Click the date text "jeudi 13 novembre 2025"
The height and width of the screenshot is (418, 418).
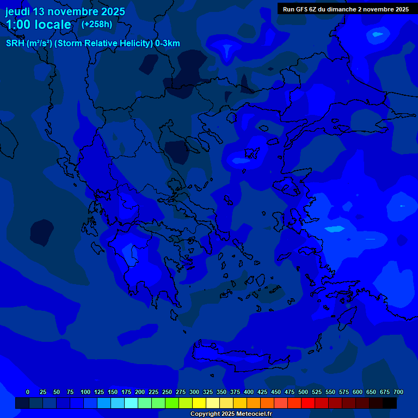point(65,11)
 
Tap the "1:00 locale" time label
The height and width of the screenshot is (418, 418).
point(39,24)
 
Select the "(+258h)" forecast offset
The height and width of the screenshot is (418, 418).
point(96,24)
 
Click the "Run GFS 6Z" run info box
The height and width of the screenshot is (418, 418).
point(346,9)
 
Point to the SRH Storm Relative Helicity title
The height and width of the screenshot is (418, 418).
point(93,44)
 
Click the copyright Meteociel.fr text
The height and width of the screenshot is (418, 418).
point(231,414)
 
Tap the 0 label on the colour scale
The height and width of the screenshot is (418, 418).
point(28,392)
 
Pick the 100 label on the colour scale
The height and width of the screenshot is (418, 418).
point(85,392)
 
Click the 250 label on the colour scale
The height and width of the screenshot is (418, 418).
point(167,392)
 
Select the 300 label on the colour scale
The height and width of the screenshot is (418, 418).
point(194,392)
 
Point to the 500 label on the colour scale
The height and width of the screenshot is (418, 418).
point(303,392)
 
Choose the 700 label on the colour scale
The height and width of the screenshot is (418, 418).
point(398,392)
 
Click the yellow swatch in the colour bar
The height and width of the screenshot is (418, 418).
point(199,403)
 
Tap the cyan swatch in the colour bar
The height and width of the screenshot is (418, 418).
point(131,403)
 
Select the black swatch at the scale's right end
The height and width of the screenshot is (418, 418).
point(390,403)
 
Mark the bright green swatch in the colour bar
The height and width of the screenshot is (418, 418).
point(172,403)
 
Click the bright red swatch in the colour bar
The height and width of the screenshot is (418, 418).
point(308,403)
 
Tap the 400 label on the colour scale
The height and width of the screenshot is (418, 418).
point(249,392)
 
